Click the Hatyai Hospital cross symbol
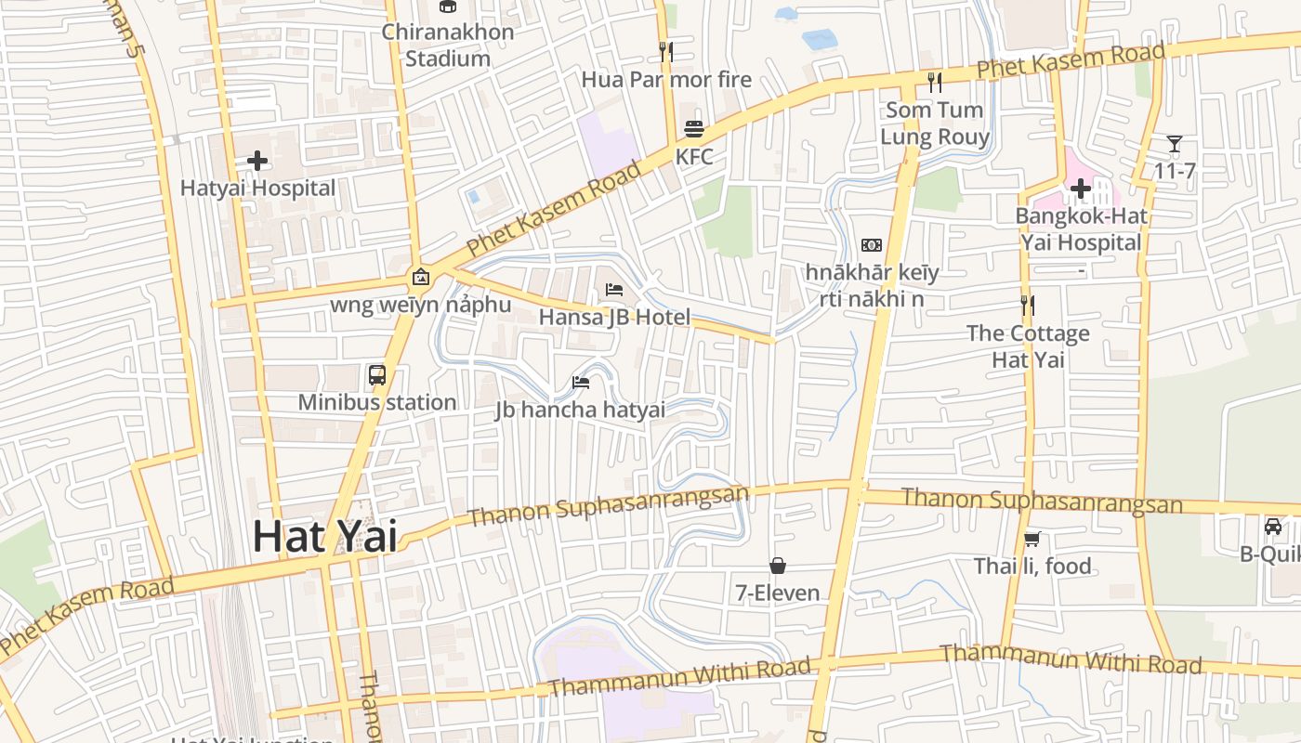(257, 161)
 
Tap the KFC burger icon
(694, 128)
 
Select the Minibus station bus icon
(376, 375)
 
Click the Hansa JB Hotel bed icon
(614, 290)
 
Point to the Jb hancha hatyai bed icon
(581, 382)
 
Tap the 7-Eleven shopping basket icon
(777, 566)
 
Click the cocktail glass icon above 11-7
(1175, 144)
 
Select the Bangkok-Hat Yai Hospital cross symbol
(1080, 189)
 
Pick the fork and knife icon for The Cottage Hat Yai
(1027, 305)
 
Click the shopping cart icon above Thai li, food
(1032, 539)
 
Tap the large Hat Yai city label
(325, 537)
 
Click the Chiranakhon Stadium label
(448, 45)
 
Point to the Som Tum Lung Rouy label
(934, 124)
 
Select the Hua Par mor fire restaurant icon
(665, 51)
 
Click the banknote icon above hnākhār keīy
(872, 245)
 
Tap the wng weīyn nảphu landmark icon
(420, 277)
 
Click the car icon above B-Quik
(1273, 527)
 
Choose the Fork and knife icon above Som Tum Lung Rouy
(934, 83)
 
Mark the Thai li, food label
(1032, 566)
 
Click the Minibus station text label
(376, 402)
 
